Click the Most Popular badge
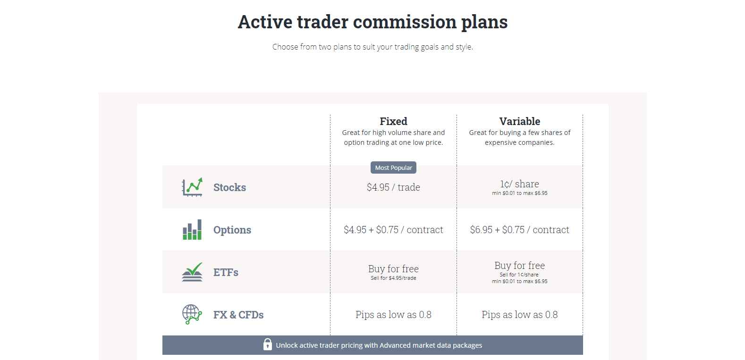pyautogui.click(x=393, y=167)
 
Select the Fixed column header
pyautogui.click(x=393, y=121)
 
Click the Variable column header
pyautogui.click(x=519, y=121)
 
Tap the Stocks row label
pyautogui.click(x=229, y=187)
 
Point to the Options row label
pyautogui.click(x=232, y=230)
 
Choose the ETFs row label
pyautogui.click(x=226, y=272)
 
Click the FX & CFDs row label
pyautogui.click(x=238, y=315)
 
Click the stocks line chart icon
pyautogui.click(x=192, y=187)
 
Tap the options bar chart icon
pyautogui.click(x=192, y=230)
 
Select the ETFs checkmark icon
pyautogui.click(x=192, y=272)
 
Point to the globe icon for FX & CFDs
pyautogui.click(x=192, y=314)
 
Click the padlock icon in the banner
pyautogui.click(x=268, y=344)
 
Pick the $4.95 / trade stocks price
pyautogui.click(x=393, y=187)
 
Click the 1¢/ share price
pyautogui.click(x=519, y=184)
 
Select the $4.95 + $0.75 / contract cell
pyautogui.click(x=393, y=230)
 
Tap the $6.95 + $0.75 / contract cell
pyautogui.click(x=519, y=230)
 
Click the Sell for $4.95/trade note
pyautogui.click(x=393, y=278)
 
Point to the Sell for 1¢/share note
pyautogui.click(x=519, y=275)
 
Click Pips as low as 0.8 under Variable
pyautogui.click(x=519, y=315)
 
